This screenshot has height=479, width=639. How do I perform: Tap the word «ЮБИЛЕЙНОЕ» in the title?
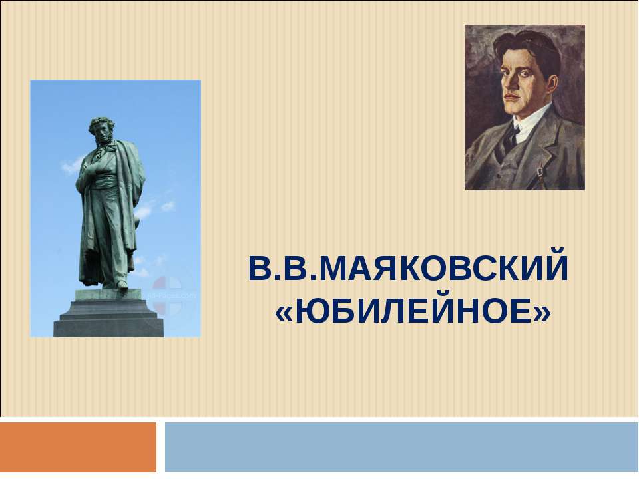[x=413, y=310]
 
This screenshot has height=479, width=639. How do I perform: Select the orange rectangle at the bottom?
[x=79, y=446]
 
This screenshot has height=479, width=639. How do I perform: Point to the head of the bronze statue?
[x=101, y=129]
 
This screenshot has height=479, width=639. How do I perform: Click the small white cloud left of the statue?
[x=71, y=164]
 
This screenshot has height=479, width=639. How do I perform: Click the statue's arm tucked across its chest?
[x=93, y=170]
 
